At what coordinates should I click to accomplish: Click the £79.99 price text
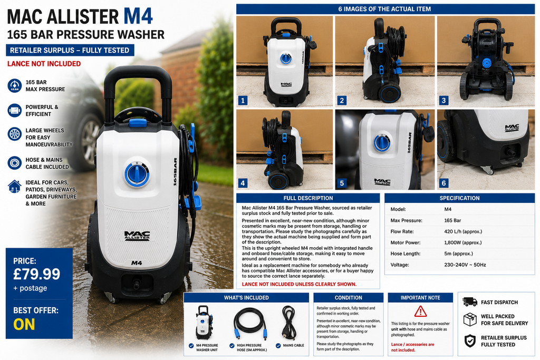pos(36,274)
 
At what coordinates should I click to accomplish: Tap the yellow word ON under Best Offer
pos(24,324)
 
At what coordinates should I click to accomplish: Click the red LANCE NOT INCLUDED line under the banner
pos(44,64)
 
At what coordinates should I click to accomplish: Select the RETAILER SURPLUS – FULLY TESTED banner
pos(70,50)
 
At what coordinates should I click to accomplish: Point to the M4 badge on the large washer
pos(137,263)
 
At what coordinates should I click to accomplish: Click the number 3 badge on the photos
pos(443,101)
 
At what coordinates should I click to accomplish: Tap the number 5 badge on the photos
pos(342,183)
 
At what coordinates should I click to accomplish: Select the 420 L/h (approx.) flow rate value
pos(463,231)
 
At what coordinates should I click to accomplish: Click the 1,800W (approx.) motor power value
pos(463,242)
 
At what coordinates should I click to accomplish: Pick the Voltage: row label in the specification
pos(400,265)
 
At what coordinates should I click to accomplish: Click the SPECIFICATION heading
pos(459,198)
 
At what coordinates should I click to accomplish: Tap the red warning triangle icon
pos(420,312)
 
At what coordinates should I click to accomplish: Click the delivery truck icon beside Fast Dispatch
pos(470,302)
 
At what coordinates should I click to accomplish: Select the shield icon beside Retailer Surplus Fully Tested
pos(470,340)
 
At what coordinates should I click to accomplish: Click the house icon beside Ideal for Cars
pos(14,186)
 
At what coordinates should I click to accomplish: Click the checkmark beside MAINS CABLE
pos(278,346)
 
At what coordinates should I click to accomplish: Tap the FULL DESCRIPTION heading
pos(308,198)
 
